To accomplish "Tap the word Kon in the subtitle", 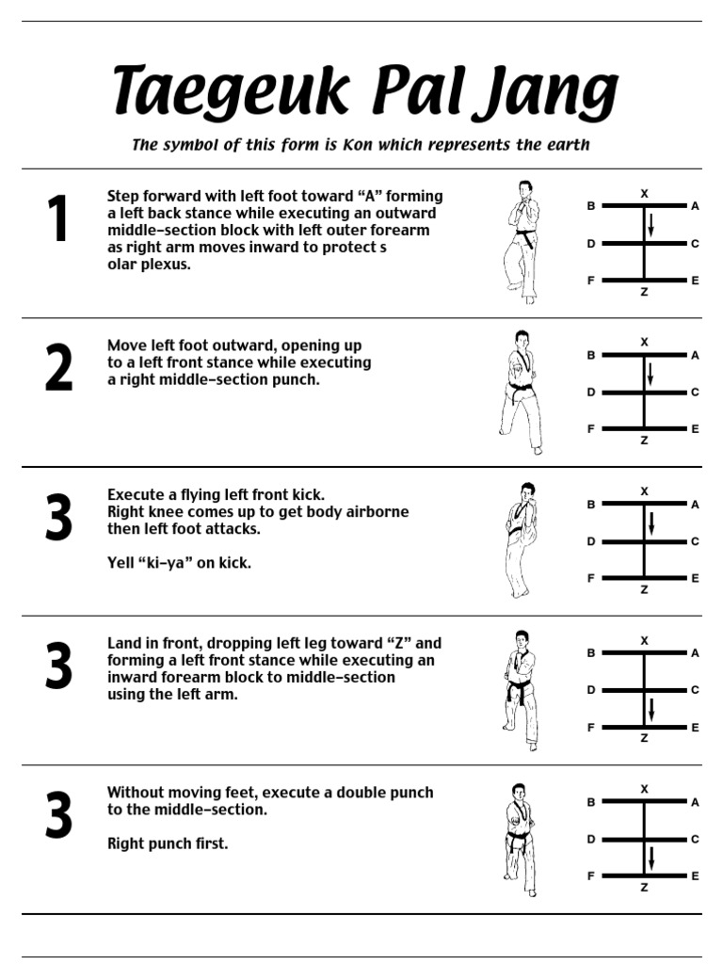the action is tap(357, 144).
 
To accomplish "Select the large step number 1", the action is tap(57, 217).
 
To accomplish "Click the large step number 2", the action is tap(58, 367).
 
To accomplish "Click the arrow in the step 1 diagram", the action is tap(651, 226).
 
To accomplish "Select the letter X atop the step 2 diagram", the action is tap(644, 342).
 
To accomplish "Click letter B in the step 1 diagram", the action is tap(591, 206).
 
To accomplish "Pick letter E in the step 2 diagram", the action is tap(696, 429).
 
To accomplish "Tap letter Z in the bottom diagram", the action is tap(644, 887).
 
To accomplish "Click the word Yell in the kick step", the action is tap(120, 563).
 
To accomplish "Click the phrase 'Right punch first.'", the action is tap(168, 843).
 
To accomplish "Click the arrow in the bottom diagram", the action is tap(651, 859).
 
